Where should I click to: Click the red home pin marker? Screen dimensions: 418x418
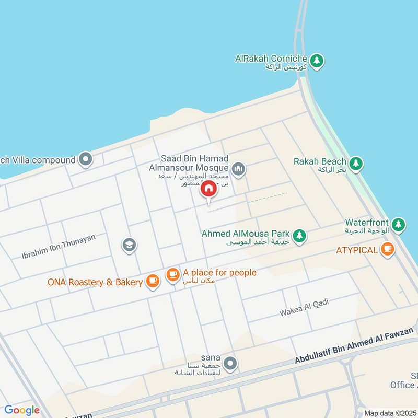(x=208, y=189)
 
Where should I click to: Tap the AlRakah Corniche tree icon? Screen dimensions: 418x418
(x=317, y=62)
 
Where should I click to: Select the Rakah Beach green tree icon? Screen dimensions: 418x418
(x=356, y=164)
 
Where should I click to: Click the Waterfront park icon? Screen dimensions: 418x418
(x=398, y=225)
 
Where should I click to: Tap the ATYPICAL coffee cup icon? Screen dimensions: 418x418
(x=387, y=250)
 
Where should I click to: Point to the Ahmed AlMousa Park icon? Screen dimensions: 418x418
(x=299, y=236)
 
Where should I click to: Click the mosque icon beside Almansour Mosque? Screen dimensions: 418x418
(x=239, y=169)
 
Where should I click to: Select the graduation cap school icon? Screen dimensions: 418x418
(x=129, y=245)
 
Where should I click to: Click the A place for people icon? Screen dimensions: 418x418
(x=173, y=274)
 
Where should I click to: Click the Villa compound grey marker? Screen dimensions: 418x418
(x=85, y=159)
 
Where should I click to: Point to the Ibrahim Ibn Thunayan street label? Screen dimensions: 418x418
(x=59, y=247)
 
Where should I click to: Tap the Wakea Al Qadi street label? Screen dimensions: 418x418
(x=303, y=308)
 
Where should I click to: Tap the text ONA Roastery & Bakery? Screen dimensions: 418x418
(x=95, y=282)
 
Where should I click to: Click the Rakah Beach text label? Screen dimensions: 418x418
(x=319, y=161)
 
